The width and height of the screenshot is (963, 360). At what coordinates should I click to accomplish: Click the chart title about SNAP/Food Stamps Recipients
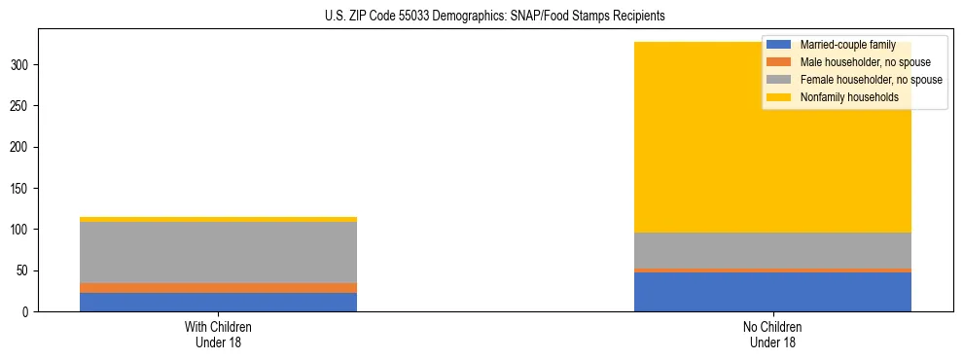click(481, 17)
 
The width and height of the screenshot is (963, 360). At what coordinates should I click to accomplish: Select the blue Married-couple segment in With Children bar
click(218, 302)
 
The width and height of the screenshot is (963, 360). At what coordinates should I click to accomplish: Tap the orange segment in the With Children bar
click(218, 288)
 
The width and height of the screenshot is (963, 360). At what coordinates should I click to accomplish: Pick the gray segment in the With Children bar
click(218, 252)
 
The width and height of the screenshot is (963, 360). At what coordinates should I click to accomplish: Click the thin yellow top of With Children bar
click(218, 219)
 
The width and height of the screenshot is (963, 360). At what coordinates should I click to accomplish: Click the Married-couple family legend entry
click(847, 45)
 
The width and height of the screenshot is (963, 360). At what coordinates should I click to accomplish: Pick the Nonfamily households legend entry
click(849, 97)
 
